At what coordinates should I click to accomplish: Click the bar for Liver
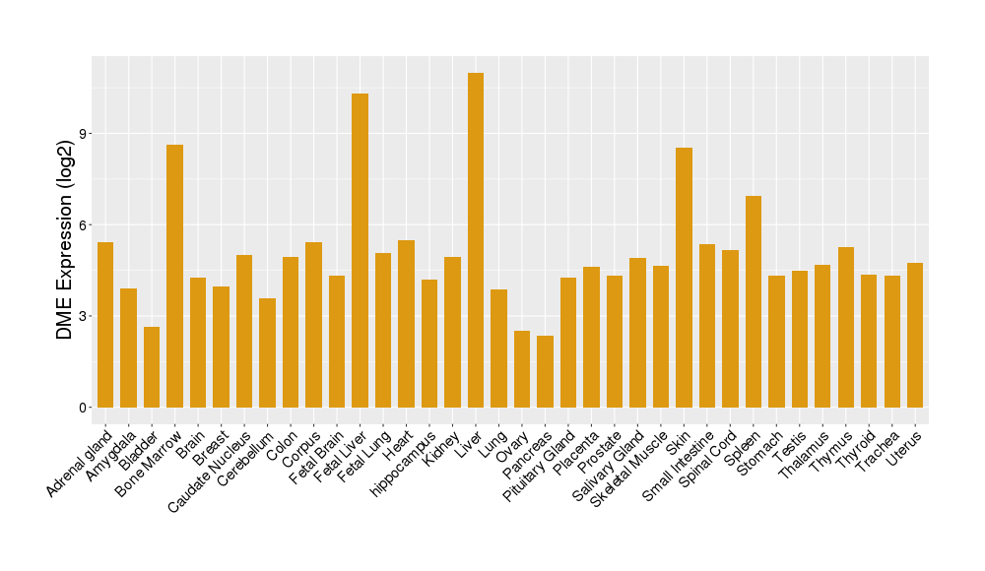coord(476,240)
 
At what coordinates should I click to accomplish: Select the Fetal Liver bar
coord(360,250)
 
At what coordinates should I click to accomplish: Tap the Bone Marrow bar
coord(174,276)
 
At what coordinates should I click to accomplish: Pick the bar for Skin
coord(684,278)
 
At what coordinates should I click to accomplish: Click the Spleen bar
coord(754,301)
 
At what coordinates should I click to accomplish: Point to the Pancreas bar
coord(545,371)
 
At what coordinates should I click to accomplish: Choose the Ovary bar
coord(522,369)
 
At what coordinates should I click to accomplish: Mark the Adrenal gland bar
coord(105,325)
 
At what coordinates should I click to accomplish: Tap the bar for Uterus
coord(915,335)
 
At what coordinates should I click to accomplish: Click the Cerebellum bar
coord(267,352)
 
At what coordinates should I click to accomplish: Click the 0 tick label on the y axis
coord(84,408)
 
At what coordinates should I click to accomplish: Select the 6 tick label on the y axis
coord(84,224)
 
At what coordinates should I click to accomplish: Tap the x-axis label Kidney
coord(442,445)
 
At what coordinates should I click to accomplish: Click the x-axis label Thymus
coord(830,448)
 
